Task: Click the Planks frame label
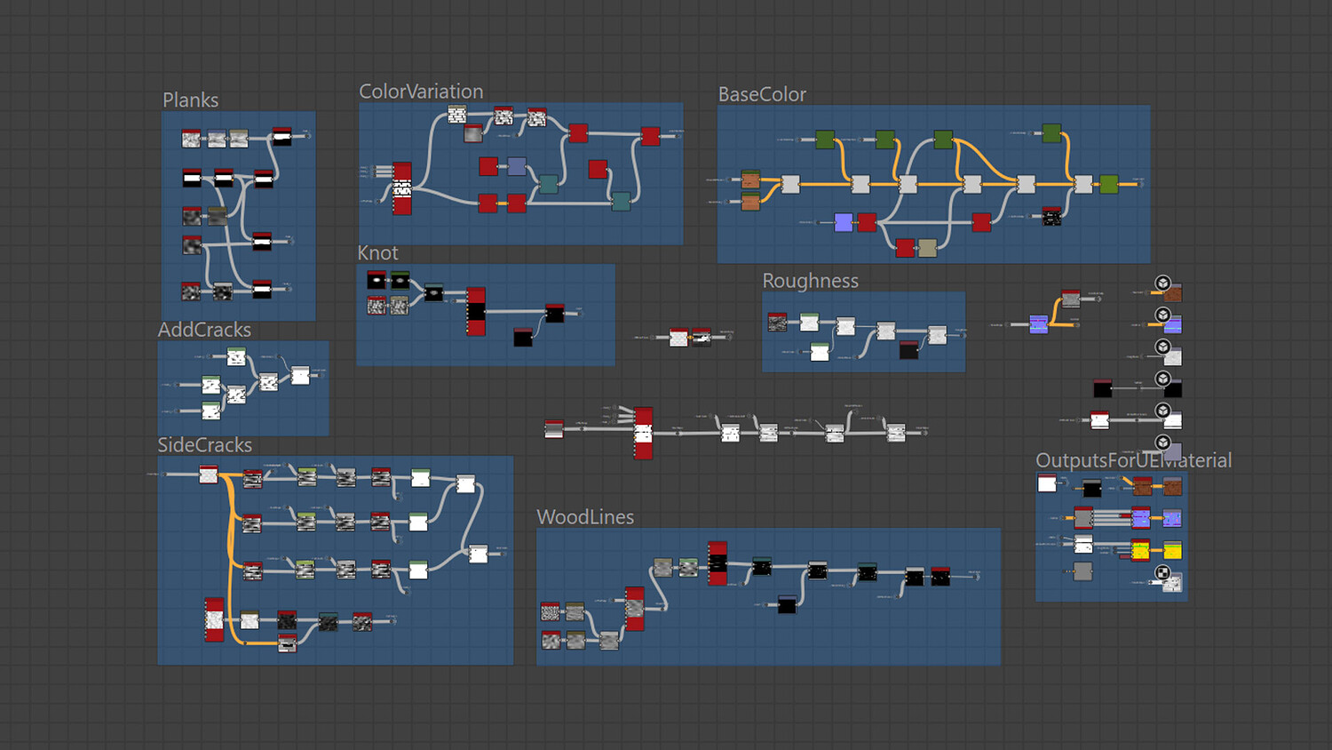[x=190, y=100]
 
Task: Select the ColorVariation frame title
[x=421, y=92]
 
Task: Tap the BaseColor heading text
[x=762, y=94]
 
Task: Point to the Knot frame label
[x=377, y=253]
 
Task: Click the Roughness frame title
[x=810, y=281]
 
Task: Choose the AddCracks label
[x=204, y=330]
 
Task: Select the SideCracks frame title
[x=204, y=445]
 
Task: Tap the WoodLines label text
[x=585, y=517]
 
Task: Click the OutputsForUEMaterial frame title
[x=1133, y=460]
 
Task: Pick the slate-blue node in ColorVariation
[x=517, y=166]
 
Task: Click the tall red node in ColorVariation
[x=402, y=188]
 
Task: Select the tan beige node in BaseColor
[x=927, y=248]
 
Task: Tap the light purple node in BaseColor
[x=844, y=222]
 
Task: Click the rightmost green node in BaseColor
[x=1109, y=184]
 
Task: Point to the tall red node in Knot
[x=476, y=311]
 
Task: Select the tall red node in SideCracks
[x=214, y=619]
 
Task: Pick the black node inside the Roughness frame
[x=908, y=350]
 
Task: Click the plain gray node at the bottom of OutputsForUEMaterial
[x=1082, y=571]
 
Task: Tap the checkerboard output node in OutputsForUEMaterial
[x=1172, y=583]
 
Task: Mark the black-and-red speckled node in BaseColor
[x=1051, y=217]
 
